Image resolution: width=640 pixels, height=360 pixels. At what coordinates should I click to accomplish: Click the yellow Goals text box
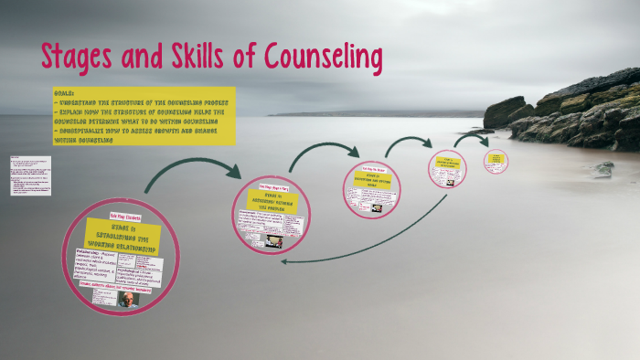[x=144, y=116]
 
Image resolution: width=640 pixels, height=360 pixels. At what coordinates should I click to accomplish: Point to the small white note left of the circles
[x=30, y=175]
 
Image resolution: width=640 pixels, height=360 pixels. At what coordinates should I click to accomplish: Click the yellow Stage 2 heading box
[x=272, y=200]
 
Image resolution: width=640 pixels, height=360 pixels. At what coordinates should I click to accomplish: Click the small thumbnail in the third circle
[x=377, y=207]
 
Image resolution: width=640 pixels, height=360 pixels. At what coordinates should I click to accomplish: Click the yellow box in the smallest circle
[x=496, y=159]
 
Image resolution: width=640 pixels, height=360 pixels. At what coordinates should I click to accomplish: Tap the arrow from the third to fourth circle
[x=407, y=142]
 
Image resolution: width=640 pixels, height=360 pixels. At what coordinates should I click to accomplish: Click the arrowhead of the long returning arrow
[x=285, y=261]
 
